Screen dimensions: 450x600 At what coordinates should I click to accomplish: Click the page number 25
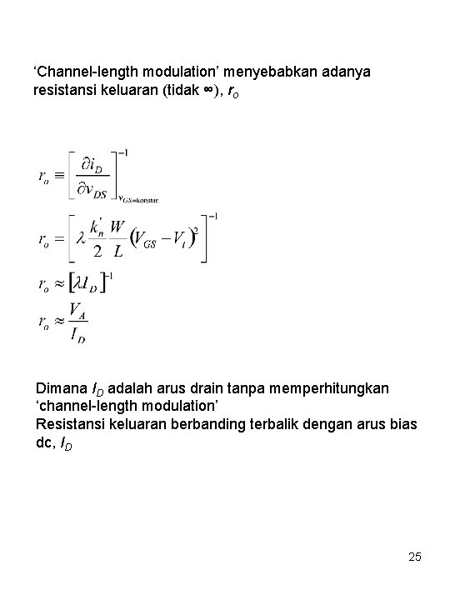click(x=416, y=556)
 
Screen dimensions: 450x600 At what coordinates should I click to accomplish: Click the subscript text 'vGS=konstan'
click(x=137, y=199)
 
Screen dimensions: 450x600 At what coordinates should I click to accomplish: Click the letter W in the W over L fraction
click(x=119, y=227)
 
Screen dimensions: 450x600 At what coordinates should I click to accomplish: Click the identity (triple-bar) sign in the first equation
click(x=57, y=176)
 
